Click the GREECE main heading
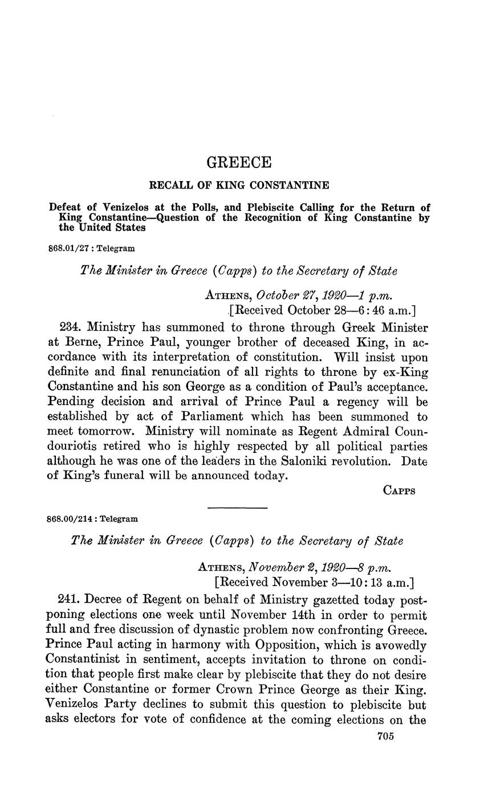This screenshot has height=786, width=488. coord(238,163)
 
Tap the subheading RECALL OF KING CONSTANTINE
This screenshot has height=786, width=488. coord(238,185)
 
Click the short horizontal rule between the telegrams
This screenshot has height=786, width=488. coord(237,507)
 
